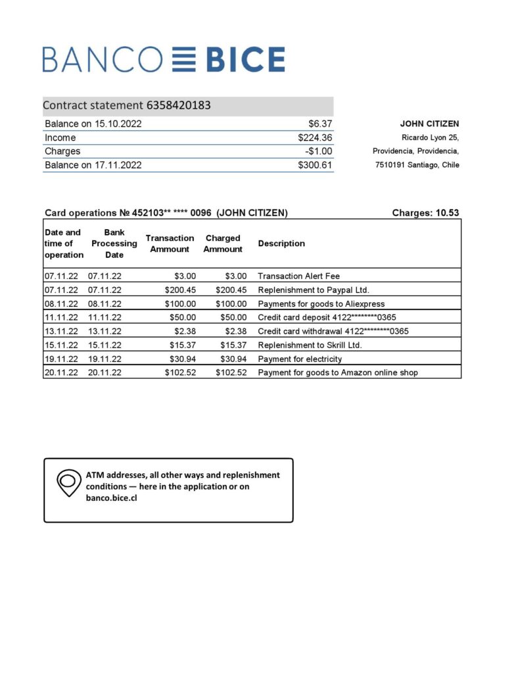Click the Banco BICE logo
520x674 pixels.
coord(164,59)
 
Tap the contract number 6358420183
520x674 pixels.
coord(178,105)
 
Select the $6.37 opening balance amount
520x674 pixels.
coord(320,124)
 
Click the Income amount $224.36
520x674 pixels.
coord(315,138)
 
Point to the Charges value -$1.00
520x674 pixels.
coord(318,151)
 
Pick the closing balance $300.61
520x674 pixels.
coord(315,165)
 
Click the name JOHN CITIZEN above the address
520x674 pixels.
coord(429,124)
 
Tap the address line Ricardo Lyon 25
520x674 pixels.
coord(430,138)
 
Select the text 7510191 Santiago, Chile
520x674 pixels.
coord(417,165)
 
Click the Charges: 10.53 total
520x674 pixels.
coord(425,213)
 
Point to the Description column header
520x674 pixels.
coord(281,244)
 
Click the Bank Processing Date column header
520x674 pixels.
coord(114,244)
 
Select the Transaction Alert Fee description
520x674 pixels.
coord(298,276)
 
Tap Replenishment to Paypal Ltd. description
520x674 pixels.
coord(314,290)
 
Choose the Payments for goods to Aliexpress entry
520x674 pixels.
coord(321,304)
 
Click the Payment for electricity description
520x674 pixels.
coord(299,359)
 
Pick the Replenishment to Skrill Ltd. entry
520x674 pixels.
coord(310,346)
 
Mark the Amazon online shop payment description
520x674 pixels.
coord(337,373)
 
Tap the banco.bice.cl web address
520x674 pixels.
coord(111,498)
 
